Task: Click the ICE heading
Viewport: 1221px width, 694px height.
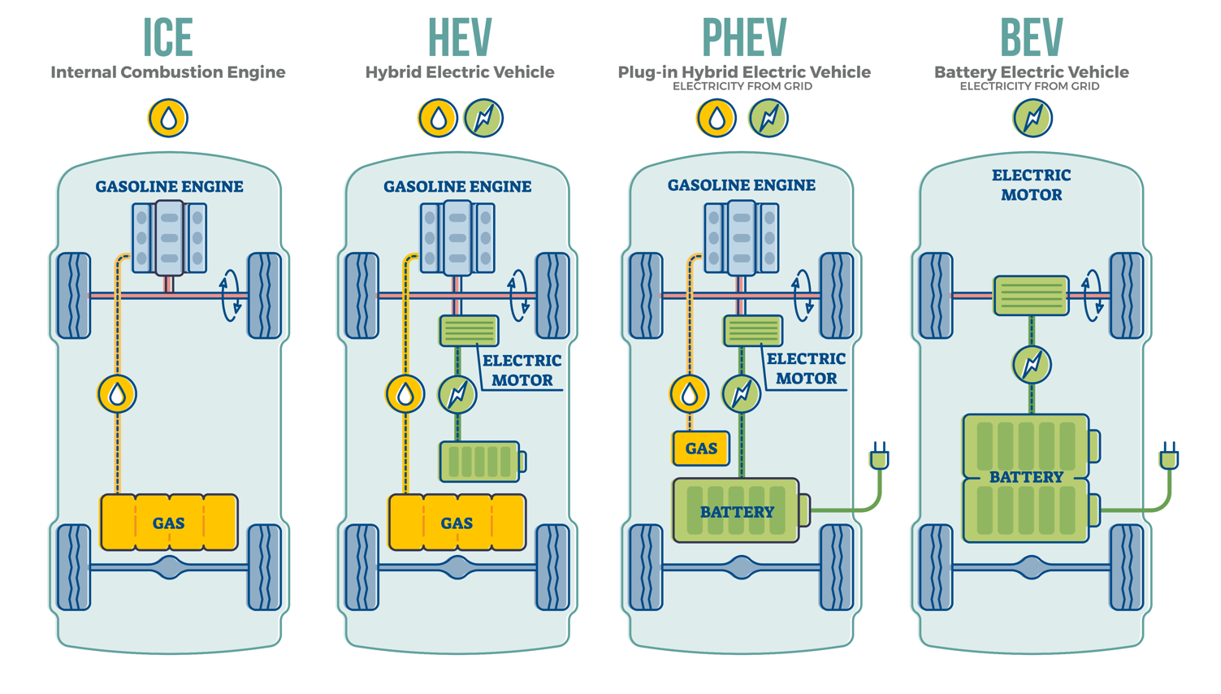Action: pyautogui.click(x=168, y=37)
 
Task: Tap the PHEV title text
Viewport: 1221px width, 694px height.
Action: pyautogui.click(x=743, y=37)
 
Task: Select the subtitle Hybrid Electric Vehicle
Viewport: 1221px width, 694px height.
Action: pyautogui.click(x=460, y=72)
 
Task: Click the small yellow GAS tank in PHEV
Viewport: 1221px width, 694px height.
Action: pyautogui.click(x=700, y=449)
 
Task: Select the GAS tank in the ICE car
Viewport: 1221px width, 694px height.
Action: pyautogui.click(x=169, y=523)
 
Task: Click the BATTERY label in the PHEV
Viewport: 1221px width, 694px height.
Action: pyautogui.click(x=737, y=512)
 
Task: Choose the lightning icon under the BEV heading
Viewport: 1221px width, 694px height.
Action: pyautogui.click(x=1033, y=118)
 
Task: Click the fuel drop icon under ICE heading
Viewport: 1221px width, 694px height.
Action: pyautogui.click(x=168, y=118)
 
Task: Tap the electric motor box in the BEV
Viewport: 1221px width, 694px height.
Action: pyautogui.click(x=1031, y=295)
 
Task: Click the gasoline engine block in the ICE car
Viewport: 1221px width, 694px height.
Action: pyautogui.click(x=169, y=238)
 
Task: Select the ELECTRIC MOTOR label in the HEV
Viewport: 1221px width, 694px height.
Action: pyautogui.click(x=522, y=371)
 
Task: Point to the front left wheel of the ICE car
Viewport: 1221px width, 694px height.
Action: pyautogui.click(x=74, y=296)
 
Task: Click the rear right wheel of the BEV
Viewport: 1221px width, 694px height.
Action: pyautogui.click(x=1127, y=567)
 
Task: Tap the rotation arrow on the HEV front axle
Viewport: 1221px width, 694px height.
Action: pyautogui.click(x=517, y=296)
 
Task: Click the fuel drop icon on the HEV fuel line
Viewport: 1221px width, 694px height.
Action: pyautogui.click(x=405, y=394)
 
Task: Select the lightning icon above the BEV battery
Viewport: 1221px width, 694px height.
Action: pyautogui.click(x=1032, y=365)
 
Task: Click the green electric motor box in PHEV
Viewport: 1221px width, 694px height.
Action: pyautogui.click(x=753, y=331)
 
